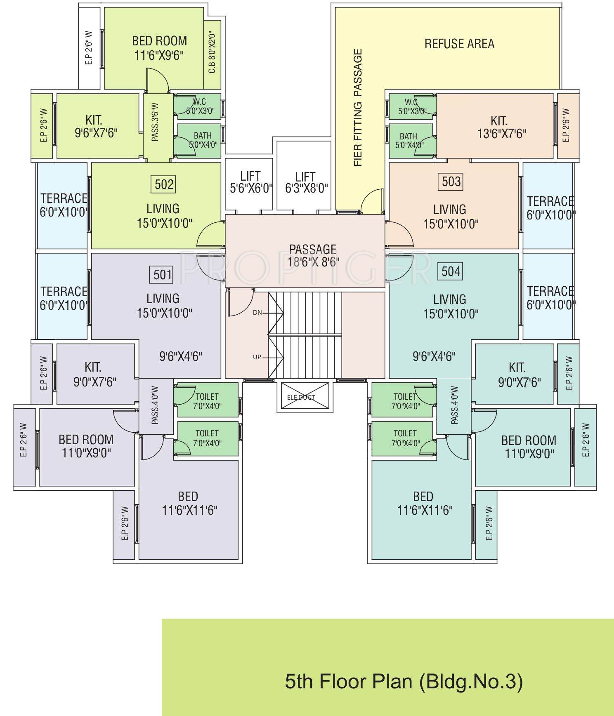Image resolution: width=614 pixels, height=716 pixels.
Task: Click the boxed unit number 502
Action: [164, 184]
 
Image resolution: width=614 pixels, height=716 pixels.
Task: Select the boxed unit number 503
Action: [451, 181]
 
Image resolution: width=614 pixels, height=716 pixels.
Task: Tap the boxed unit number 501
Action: [162, 274]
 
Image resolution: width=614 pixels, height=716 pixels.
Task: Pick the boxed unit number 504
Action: [451, 271]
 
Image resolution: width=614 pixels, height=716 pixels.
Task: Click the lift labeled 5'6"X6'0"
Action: [250, 182]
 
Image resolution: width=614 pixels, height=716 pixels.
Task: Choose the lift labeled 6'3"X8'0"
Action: [306, 183]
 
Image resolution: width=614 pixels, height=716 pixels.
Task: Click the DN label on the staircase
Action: [257, 313]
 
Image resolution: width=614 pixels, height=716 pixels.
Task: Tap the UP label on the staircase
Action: [257, 357]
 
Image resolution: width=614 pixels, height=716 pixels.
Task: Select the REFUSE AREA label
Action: [459, 44]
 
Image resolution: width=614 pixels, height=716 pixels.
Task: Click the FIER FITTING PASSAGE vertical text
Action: [358, 108]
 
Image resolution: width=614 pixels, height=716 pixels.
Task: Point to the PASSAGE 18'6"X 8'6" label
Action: [313, 255]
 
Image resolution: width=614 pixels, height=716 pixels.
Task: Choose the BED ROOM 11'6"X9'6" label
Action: [159, 48]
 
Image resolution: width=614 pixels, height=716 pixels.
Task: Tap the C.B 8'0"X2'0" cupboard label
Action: [212, 52]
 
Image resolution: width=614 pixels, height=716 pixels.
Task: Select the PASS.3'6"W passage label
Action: [155, 122]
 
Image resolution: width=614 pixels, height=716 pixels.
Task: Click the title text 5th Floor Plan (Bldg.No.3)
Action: [404, 681]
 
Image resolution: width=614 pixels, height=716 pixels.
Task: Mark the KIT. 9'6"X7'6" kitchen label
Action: [96, 127]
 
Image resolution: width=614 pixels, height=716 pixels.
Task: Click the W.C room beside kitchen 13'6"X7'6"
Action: [411, 106]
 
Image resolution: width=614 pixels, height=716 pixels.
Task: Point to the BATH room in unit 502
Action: [202, 140]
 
